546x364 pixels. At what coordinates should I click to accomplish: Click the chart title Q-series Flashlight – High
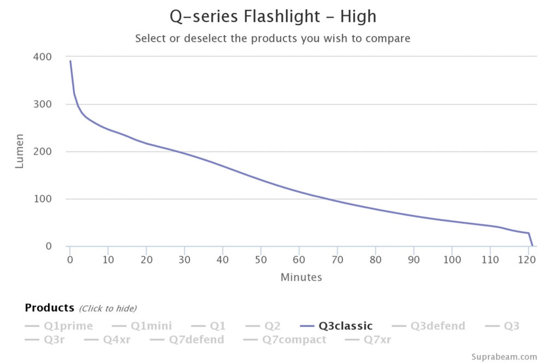click(273, 17)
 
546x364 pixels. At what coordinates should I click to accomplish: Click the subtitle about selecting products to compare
click(273, 38)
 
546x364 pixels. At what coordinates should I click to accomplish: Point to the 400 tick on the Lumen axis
click(43, 57)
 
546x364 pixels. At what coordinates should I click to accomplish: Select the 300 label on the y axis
click(43, 104)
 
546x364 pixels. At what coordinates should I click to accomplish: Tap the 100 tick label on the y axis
click(43, 199)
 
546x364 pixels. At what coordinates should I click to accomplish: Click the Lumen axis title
click(19, 151)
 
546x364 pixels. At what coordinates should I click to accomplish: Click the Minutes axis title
click(301, 277)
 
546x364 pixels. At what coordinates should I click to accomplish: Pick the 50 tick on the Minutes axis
click(261, 260)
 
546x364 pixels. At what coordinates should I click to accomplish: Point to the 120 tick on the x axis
click(527, 260)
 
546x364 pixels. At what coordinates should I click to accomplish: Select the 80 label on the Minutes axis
click(375, 260)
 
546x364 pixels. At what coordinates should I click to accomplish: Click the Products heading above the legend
click(50, 308)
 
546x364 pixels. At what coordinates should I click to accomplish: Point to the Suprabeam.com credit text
click(504, 357)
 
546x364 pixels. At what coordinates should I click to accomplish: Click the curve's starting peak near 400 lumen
click(70, 61)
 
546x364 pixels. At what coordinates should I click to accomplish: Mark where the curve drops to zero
click(532, 246)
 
